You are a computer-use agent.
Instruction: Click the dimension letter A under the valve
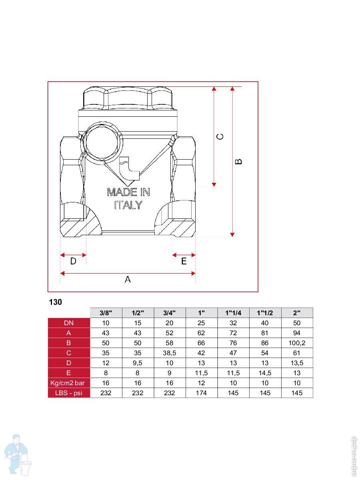tap(128, 279)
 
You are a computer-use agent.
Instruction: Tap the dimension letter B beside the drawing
tap(238, 161)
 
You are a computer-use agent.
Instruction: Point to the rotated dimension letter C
tap(220, 137)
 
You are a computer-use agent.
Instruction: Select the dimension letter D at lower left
tap(73, 261)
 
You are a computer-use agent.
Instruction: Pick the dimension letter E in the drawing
tap(184, 261)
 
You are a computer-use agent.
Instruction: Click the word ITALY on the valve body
tap(128, 205)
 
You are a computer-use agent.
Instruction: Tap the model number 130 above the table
tap(55, 302)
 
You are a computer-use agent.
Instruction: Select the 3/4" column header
tap(169, 313)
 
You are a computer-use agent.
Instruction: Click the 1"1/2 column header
tap(265, 313)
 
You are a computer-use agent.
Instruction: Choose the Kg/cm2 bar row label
tap(68, 383)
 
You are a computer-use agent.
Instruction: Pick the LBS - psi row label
tap(69, 393)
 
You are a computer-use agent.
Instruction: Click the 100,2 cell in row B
tap(297, 343)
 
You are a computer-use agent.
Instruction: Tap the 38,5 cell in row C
tap(169, 353)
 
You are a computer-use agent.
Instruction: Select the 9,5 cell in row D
tap(138, 363)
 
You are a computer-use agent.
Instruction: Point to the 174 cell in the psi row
tap(201, 393)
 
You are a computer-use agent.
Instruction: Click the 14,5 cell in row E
tap(265, 373)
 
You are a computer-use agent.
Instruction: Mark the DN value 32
tap(233, 323)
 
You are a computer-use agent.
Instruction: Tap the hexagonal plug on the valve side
tap(103, 142)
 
